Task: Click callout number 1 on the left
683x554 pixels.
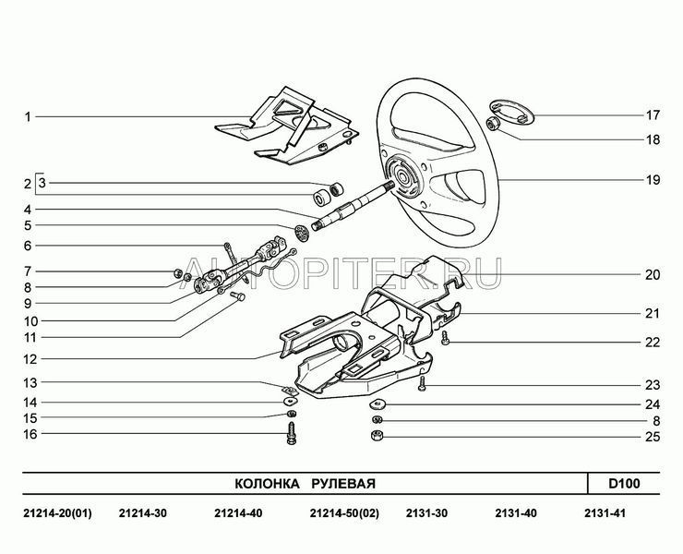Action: (29, 117)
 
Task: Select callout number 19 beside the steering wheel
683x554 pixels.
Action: (653, 180)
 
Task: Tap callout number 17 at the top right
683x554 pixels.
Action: (653, 116)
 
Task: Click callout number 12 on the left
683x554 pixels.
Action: (29, 359)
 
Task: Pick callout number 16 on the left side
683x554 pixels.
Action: (29, 434)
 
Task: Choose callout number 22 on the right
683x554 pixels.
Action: (653, 342)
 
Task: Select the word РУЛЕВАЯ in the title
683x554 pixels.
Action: (343, 484)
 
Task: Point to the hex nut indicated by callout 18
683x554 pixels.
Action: (494, 125)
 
